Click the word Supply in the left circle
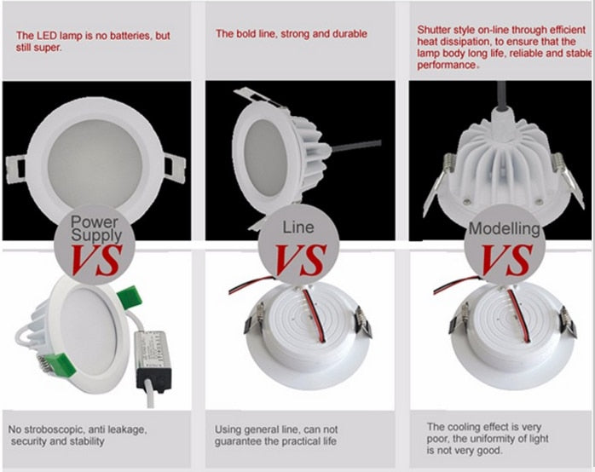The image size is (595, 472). [101, 233]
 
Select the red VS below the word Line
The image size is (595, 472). [298, 258]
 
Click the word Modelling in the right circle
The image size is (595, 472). [504, 228]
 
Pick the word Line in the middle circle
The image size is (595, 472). [298, 227]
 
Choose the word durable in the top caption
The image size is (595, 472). [348, 34]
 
